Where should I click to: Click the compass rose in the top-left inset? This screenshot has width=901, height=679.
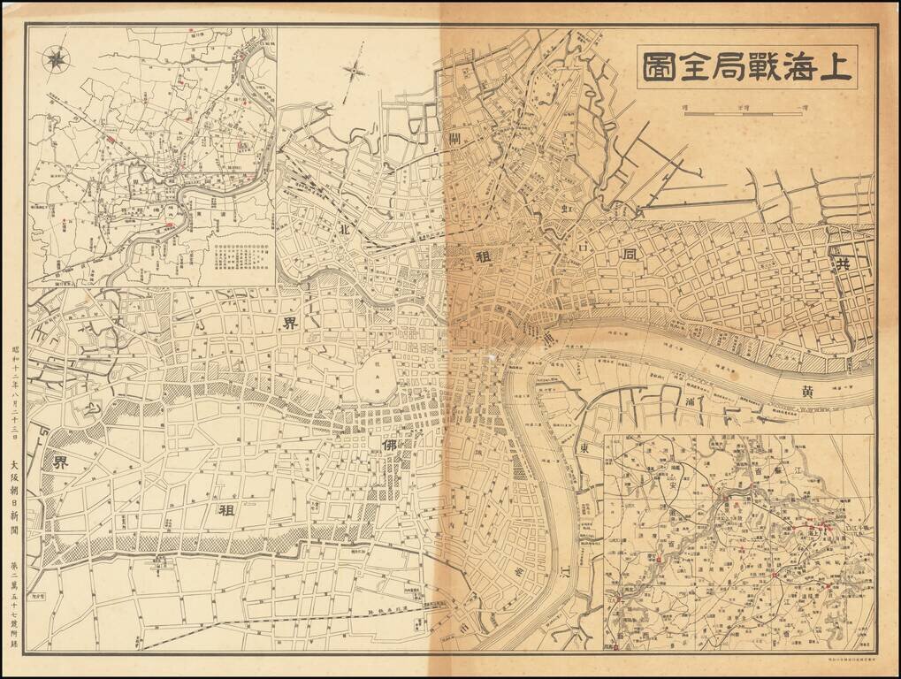tap(57, 58)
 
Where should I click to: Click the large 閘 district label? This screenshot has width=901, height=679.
tap(456, 139)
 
